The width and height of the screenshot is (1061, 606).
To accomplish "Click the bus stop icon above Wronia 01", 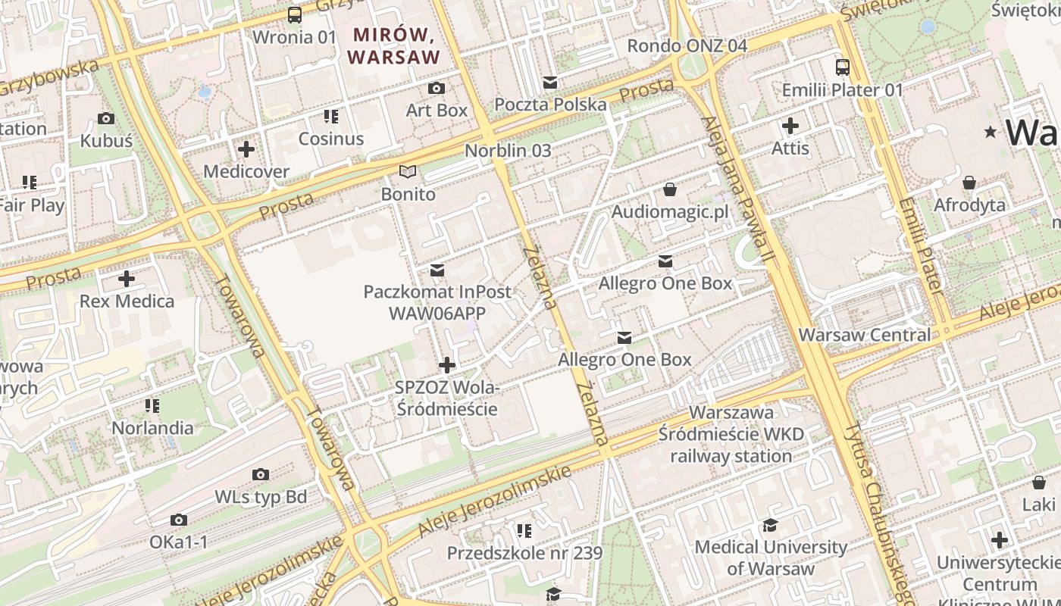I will [x=294, y=14].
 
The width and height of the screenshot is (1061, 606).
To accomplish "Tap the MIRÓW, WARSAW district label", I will [x=393, y=45].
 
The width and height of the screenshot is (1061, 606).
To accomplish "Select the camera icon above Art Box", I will [x=437, y=89].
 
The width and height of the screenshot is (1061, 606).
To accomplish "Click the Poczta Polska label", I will [x=550, y=105].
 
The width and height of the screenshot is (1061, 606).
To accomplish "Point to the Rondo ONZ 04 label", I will [x=687, y=45].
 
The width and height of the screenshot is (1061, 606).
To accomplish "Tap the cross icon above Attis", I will [x=790, y=126].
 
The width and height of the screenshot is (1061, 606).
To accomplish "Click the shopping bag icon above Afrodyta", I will [x=969, y=183].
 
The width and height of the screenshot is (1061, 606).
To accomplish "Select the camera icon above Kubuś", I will [x=106, y=119].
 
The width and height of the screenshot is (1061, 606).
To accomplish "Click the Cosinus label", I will [x=331, y=139].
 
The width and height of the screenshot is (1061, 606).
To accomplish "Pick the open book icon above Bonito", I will [x=408, y=172].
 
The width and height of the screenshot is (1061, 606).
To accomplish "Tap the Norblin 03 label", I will [x=508, y=151].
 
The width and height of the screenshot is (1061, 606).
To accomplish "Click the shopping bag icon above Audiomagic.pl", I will [x=670, y=189].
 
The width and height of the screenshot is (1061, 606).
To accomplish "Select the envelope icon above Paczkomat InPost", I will [x=437, y=270].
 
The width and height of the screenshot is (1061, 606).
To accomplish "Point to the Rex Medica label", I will [x=127, y=301].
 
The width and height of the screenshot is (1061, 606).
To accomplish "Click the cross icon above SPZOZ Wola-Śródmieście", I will [x=447, y=366].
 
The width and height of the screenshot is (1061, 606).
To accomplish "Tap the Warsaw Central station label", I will [x=865, y=335].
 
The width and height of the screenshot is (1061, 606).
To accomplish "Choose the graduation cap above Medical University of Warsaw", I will [x=771, y=525].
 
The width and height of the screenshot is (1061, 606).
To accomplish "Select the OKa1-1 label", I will [x=179, y=542].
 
